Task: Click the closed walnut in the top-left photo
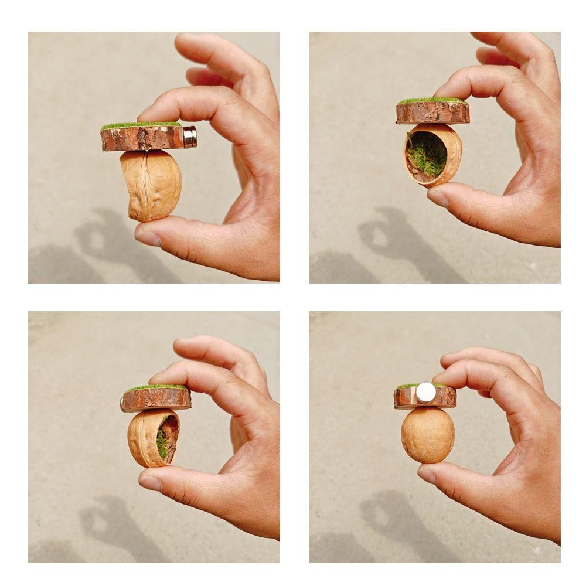click(x=151, y=185)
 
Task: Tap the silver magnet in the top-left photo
click(x=190, y=137)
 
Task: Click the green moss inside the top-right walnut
click(x=427, y=154)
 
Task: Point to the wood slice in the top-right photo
click(x=432, y=113)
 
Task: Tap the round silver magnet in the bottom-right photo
click(x=426, y=393)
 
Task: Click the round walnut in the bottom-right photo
click(x=428, y=434)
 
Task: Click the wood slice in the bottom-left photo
click(x=156, y=399)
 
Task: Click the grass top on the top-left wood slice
click(x=141, y=125)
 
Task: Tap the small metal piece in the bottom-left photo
click(x=122, y=403)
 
